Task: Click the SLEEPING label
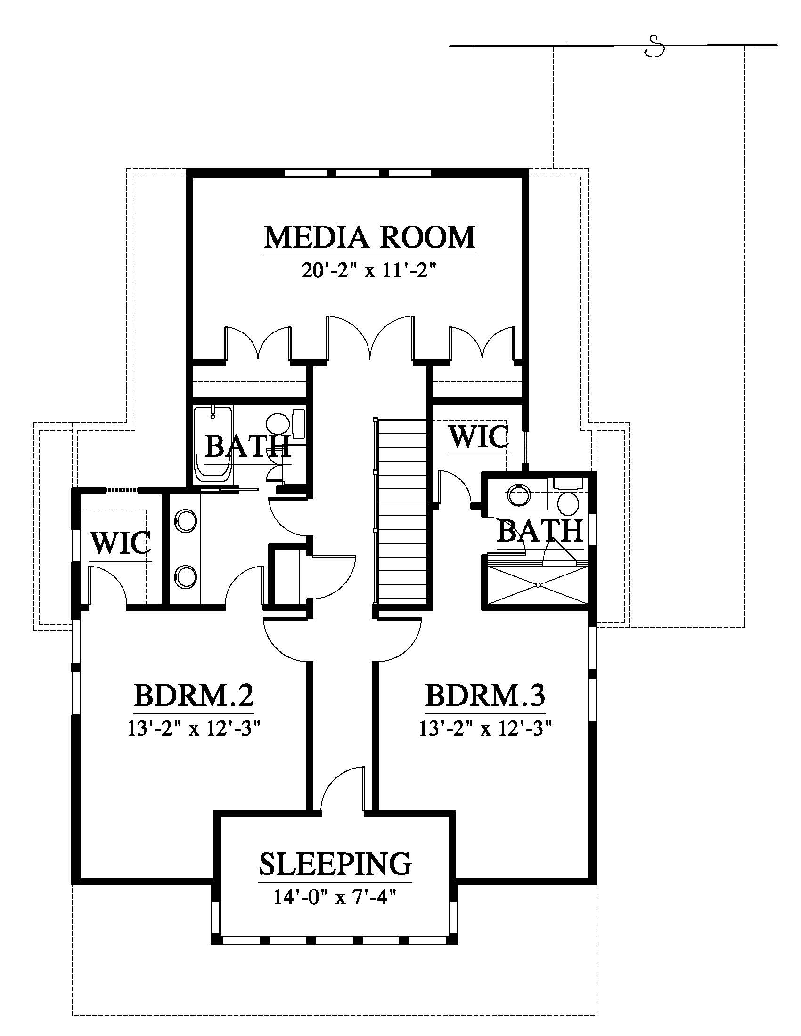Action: pos(335,863)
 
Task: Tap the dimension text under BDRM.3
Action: pos(485,728)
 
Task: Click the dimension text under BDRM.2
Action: pos(194,728)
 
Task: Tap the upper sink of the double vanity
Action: pos(186,521)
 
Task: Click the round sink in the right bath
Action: pos(519,495)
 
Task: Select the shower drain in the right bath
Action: pos(538,585)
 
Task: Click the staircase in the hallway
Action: pos(404,511)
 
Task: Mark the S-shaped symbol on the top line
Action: pos(654,46)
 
